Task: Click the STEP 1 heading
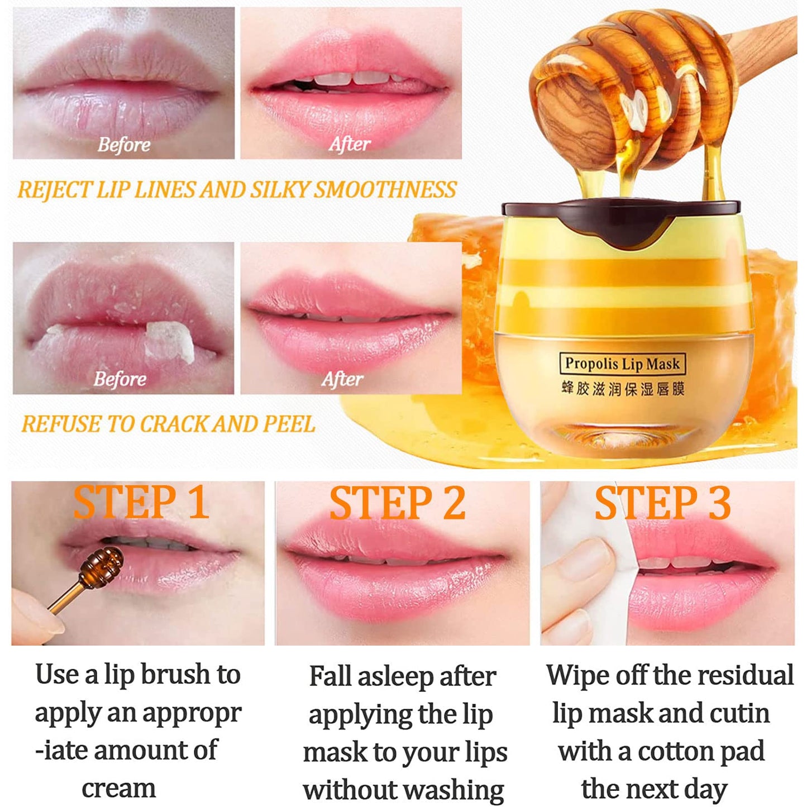[141, 503]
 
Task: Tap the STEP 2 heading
[398, 503]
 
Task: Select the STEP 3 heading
[662, 503]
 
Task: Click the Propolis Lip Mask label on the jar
[622, 363]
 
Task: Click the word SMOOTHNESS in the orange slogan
[385, 190]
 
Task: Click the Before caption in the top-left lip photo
[124, 145]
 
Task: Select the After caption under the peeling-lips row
[342, 379]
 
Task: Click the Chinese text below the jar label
[623, 389]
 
